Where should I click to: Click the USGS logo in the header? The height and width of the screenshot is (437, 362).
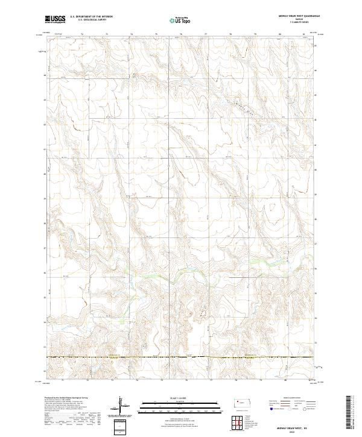(x=56, y=19)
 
